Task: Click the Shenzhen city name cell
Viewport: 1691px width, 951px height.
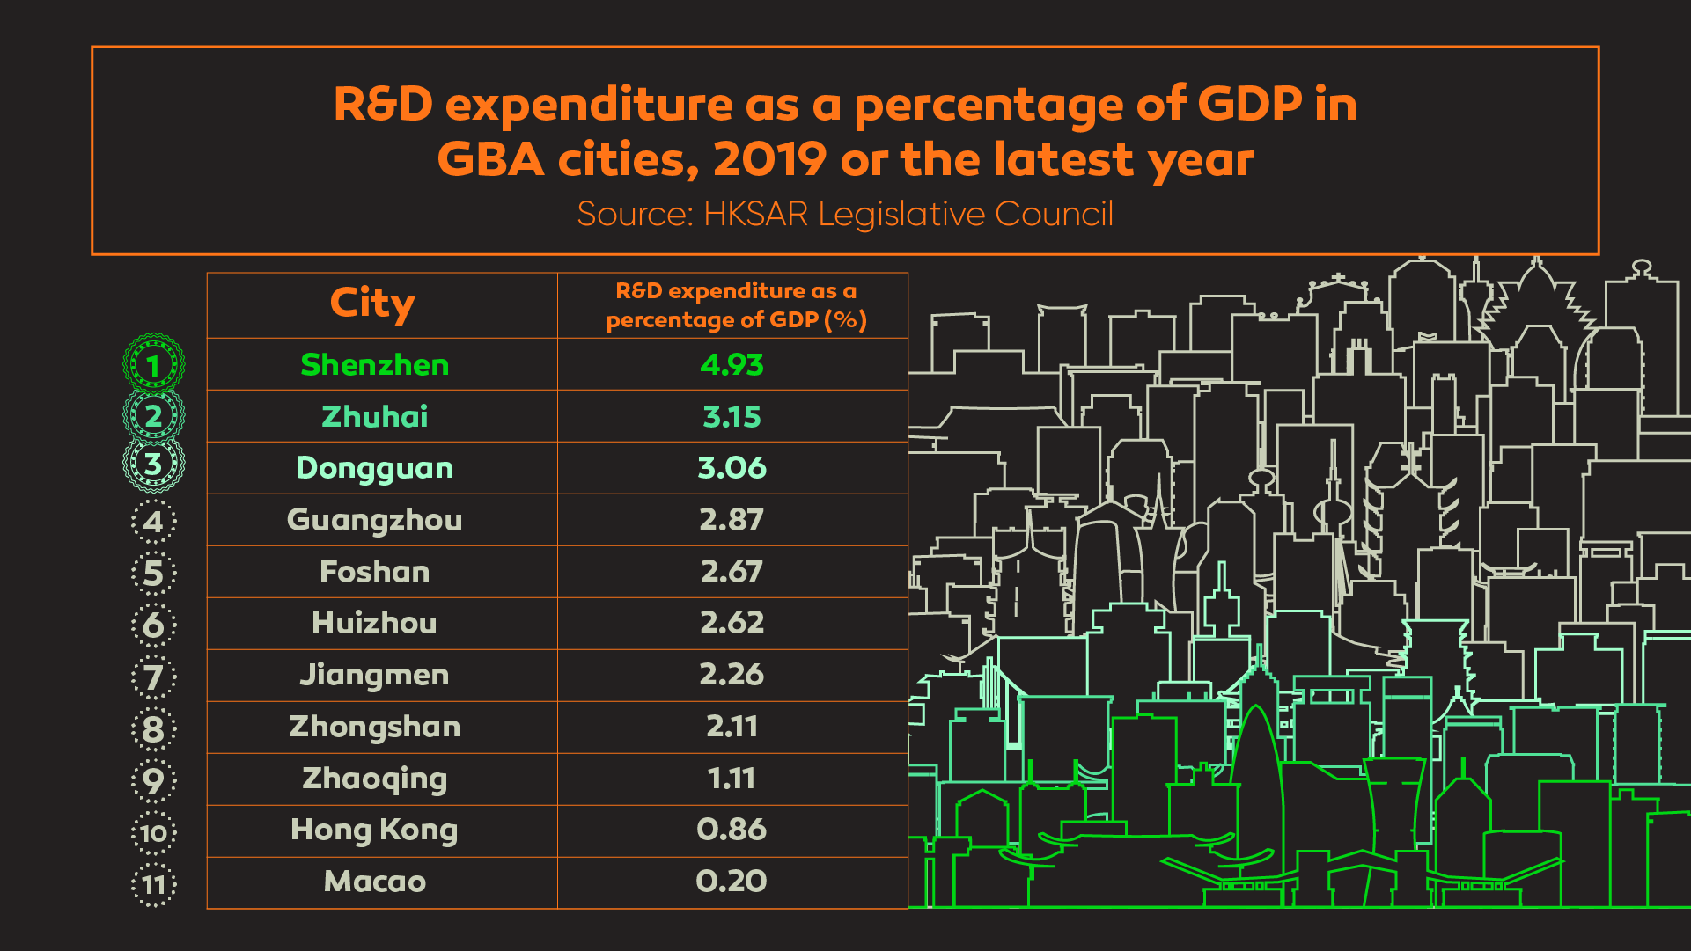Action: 375,365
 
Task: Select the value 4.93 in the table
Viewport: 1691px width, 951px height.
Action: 732,365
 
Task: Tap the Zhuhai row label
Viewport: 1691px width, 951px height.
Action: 375,417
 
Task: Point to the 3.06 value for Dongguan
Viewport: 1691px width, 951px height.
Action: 732,468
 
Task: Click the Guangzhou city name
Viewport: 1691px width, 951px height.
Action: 375,520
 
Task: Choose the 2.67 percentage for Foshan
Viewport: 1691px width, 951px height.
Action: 732,572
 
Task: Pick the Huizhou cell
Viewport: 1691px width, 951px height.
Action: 375,623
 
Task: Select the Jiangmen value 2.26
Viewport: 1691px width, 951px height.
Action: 732,675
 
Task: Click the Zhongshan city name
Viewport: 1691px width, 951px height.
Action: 375,727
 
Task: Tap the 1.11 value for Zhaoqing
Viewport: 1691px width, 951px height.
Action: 732,779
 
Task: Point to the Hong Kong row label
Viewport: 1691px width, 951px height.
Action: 375,830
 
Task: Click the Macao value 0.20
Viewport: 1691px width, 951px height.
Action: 732,882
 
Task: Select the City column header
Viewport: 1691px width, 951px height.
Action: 373,304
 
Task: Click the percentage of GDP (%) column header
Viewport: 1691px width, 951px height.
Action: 736,305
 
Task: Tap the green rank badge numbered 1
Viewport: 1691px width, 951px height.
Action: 154,364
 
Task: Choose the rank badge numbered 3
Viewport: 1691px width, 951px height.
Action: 154,464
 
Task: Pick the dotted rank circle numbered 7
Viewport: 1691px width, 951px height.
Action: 154,677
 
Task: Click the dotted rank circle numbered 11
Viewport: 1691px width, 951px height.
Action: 154,884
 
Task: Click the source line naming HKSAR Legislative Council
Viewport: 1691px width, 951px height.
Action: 845,214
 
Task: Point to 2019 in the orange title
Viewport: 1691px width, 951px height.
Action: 769,160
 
